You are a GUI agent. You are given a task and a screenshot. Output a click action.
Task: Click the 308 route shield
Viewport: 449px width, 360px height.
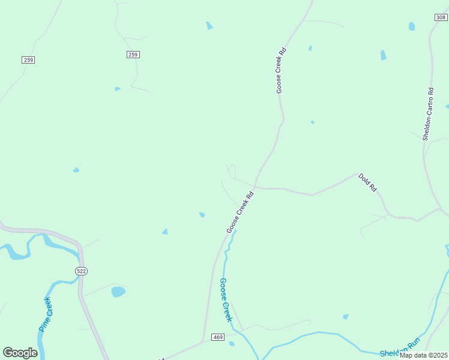[441, 18]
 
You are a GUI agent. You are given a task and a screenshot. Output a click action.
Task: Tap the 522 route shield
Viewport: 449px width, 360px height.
[82, 271]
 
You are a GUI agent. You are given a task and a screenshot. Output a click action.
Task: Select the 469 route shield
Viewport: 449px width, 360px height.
[218, 338]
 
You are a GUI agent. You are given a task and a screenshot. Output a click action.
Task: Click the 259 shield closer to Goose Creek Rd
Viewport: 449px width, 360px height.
[133, 55]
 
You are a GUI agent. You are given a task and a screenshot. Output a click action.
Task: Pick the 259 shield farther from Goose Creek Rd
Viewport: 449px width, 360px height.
[28, 59]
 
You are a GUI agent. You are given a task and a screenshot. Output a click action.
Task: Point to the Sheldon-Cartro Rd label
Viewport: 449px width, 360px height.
[427, 114]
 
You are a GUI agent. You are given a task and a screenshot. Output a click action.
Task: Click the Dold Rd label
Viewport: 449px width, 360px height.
[367, 182]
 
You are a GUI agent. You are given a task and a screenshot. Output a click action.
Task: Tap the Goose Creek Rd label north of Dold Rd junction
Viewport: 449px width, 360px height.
[280, 70]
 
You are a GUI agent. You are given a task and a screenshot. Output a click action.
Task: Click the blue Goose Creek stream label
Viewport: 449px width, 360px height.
[226, 299]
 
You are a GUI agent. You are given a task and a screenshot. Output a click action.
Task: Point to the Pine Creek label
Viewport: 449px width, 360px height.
[46, 314]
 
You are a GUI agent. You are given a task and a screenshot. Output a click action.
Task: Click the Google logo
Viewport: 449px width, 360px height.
[20, 353]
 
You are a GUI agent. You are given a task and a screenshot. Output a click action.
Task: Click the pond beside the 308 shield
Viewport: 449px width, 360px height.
[412, 26]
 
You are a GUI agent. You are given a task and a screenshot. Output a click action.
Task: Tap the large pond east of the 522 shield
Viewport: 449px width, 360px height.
[118, 292]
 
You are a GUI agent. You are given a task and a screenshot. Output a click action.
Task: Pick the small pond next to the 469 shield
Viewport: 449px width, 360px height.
[232, 344]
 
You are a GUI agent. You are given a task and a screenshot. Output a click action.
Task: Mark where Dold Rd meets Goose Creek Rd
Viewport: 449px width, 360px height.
[256, 186]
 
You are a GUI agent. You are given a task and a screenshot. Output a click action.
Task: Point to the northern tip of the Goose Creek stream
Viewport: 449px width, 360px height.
[235, 231]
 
